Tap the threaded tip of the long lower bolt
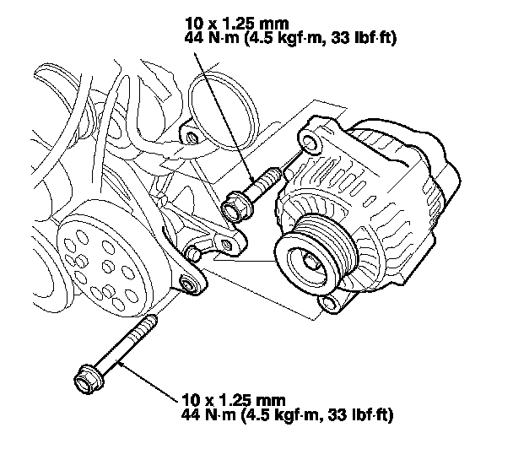tap(152, 322)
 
